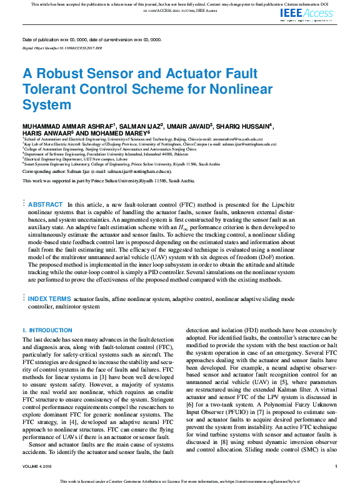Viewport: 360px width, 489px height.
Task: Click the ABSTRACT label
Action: (x=46, y=204)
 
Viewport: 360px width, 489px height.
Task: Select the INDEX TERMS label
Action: (x=50, y=299)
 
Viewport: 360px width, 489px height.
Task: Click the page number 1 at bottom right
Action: (x=336, y=466)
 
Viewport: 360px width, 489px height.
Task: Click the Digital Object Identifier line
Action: (x=62, y=47)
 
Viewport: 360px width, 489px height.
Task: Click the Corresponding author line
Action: (x=97, y=170)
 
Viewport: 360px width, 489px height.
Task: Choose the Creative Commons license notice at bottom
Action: (x=180, y=482)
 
